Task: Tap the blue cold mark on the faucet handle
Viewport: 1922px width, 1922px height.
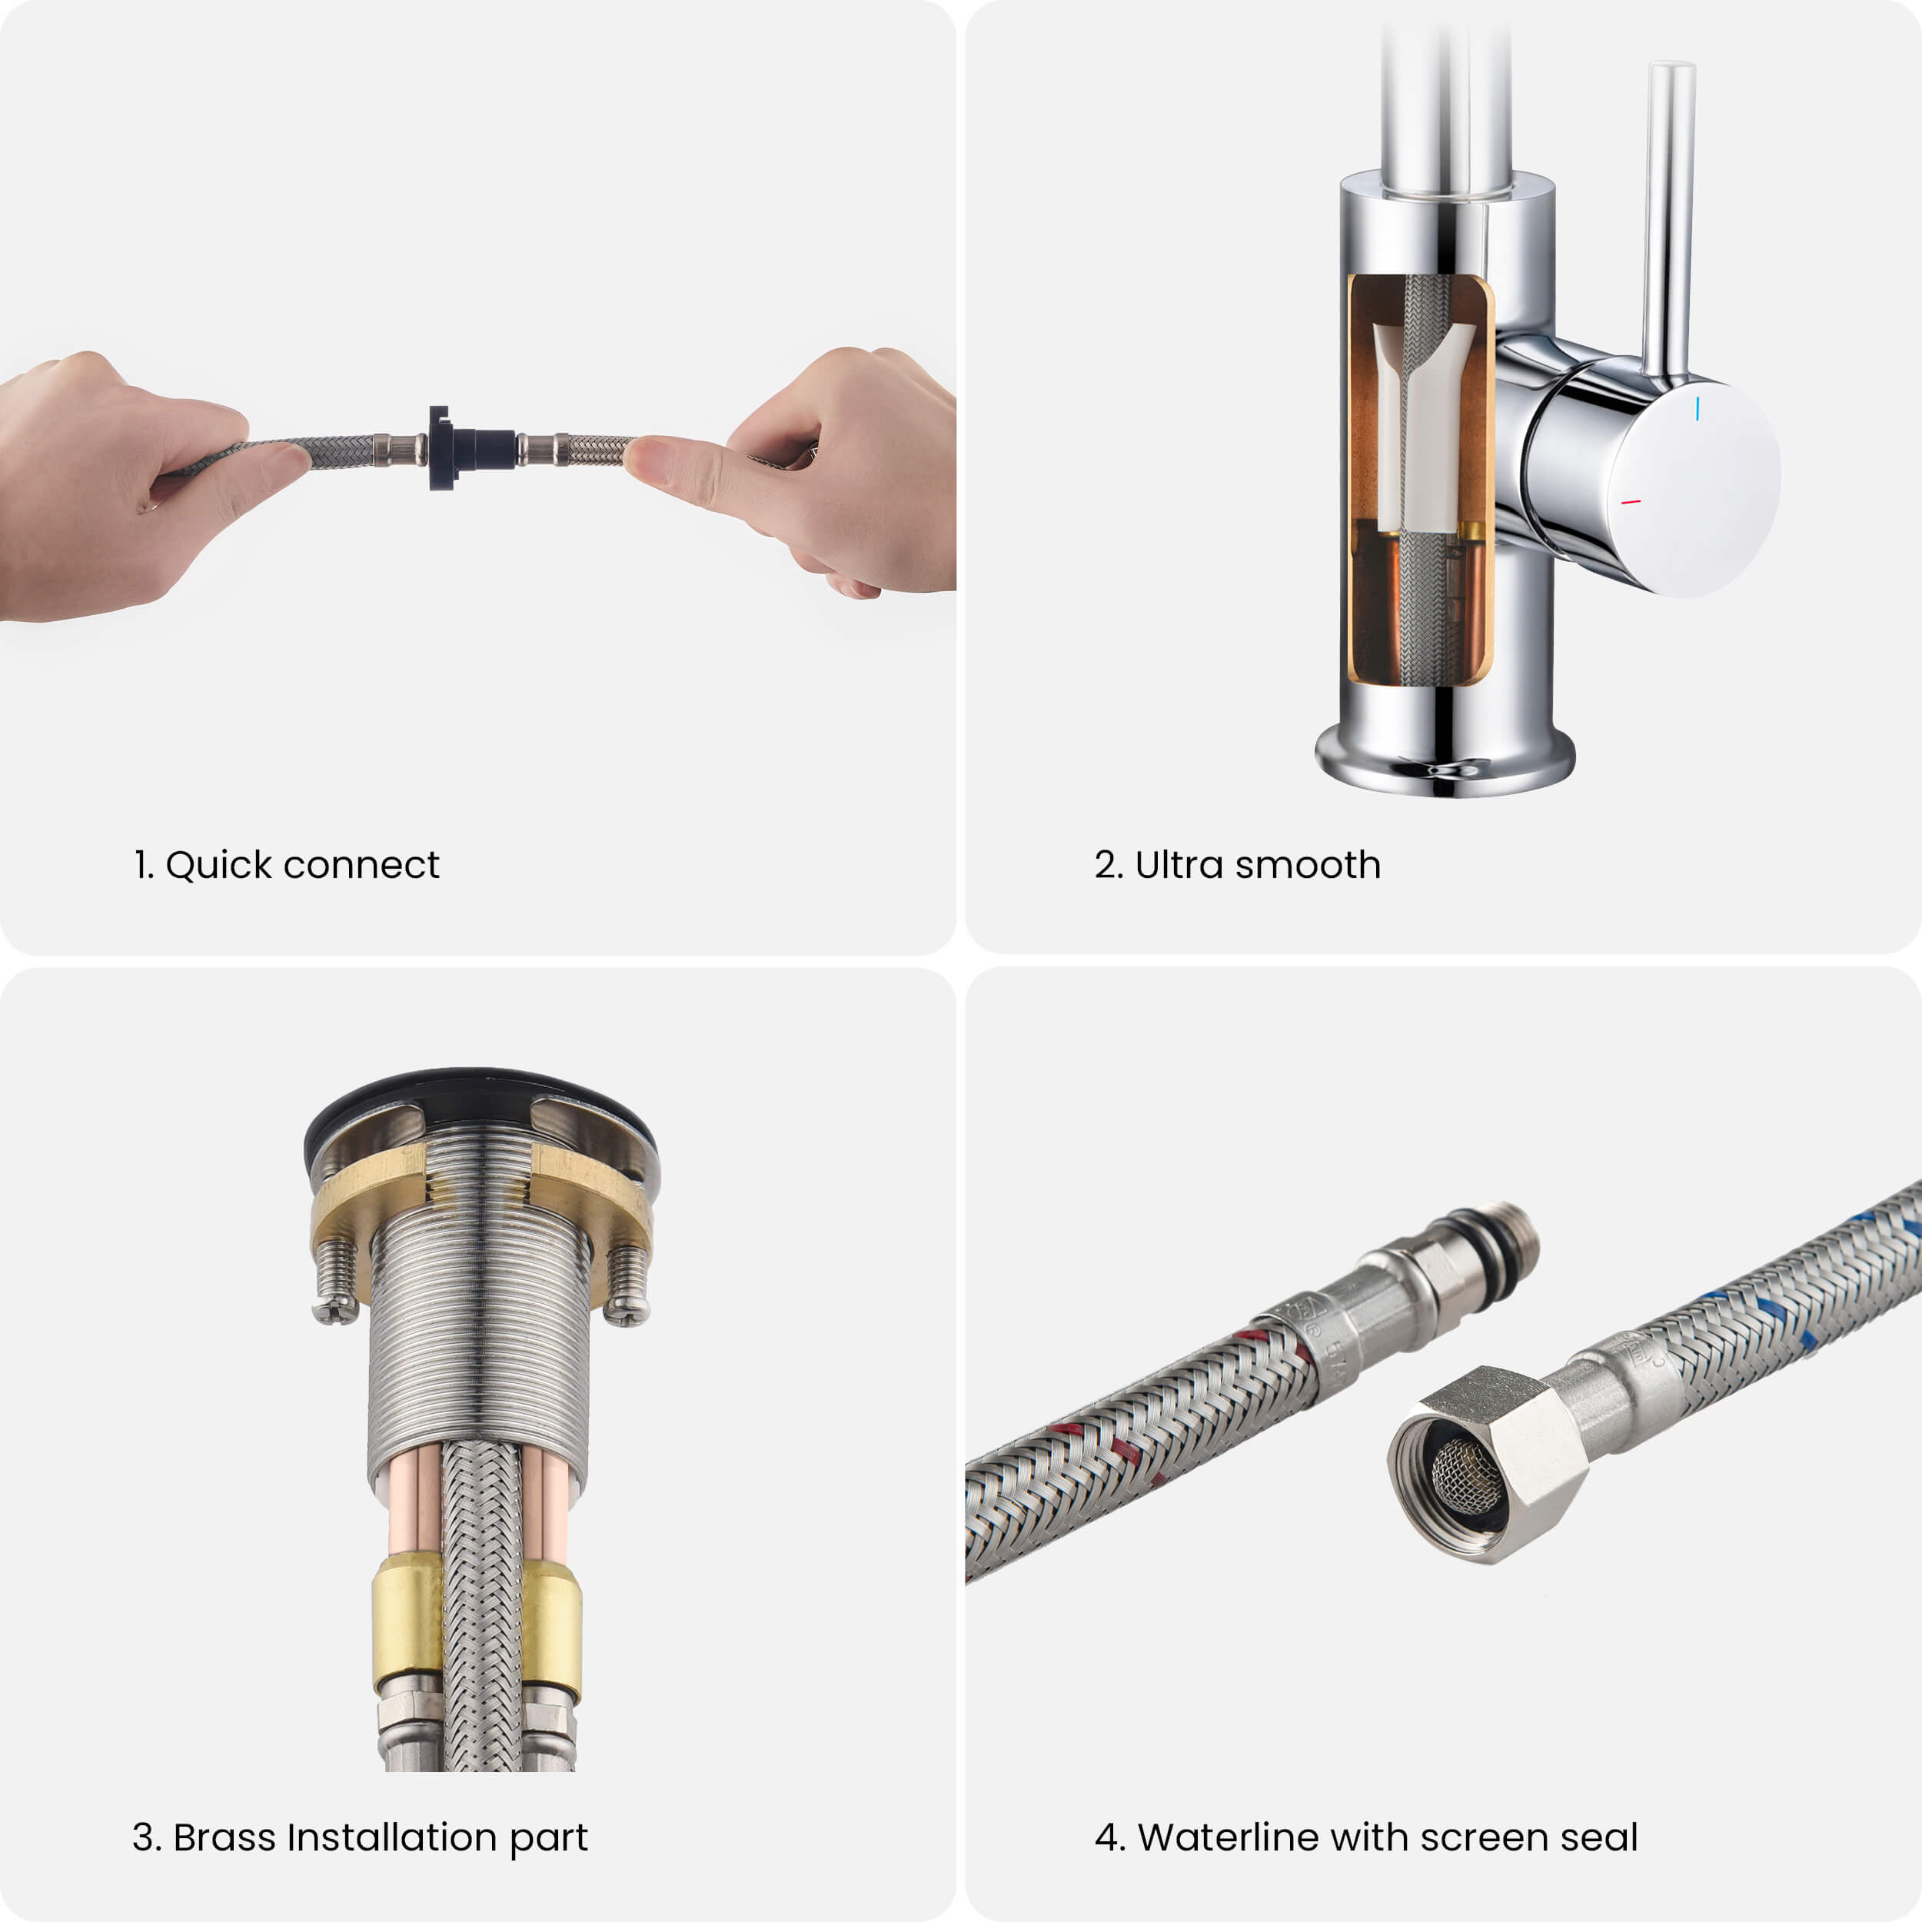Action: coord(1698,408)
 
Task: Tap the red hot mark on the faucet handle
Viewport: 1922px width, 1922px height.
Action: coord(1631,501)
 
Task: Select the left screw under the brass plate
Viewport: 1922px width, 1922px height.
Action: coord(336,1282)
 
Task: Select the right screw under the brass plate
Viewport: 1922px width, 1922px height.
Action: coord(627,1285)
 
